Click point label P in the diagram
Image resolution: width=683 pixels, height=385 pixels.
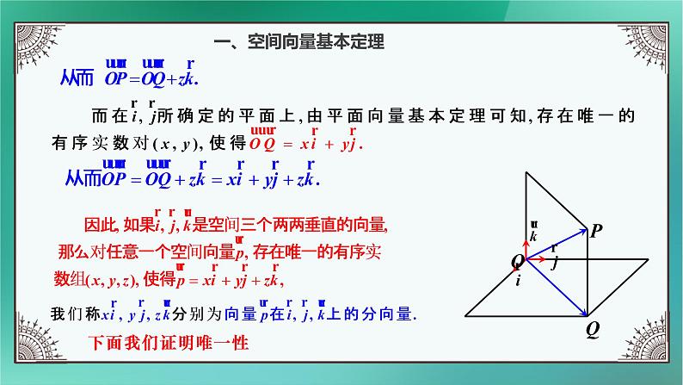(595, 230)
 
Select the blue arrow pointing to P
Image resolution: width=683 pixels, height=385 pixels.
(558, 244)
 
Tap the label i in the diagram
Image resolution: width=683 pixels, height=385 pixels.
(518, 280)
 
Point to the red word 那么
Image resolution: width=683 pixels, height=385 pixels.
(72, 252)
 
